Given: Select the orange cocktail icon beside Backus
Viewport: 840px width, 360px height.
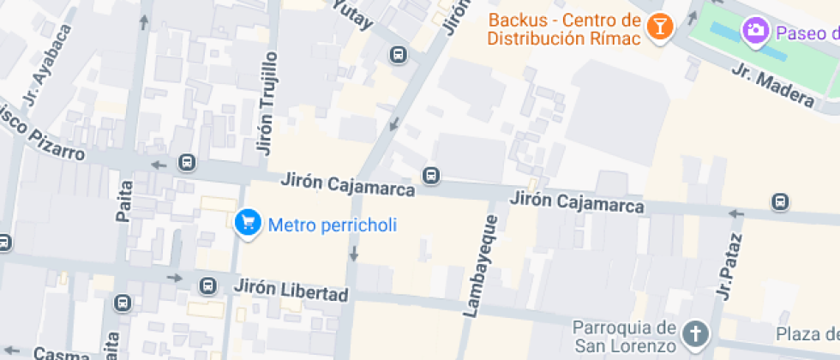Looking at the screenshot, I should [x=659, y=27].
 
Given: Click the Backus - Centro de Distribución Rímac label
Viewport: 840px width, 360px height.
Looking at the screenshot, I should [x=564, y=28].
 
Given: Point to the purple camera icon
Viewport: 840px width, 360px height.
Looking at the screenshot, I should [x=755, y=30].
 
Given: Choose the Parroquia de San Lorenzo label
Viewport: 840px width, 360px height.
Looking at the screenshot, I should [x=624, y=337].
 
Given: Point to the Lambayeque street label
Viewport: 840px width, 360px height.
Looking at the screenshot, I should [x=480, y=267].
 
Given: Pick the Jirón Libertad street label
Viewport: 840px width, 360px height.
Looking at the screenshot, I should [x=291, y=290].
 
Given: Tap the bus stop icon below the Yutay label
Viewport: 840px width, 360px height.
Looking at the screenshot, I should [x=398, y=56].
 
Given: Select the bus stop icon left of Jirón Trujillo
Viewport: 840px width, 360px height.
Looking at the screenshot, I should [x=186, y=163].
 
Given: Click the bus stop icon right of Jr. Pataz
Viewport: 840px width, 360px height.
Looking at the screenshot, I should [x=779, y=201].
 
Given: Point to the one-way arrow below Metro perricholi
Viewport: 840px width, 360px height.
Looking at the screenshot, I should [x=352, y=254].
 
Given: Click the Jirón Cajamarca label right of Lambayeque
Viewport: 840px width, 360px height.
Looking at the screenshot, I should [x=577, y=202].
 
